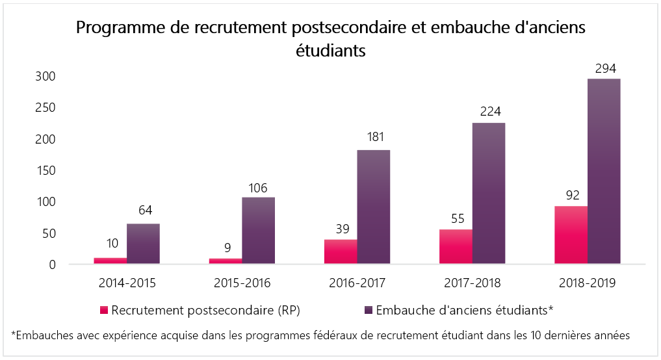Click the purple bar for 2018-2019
(604, 172)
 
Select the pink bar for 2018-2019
(571, 235)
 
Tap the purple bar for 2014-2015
(143, 244)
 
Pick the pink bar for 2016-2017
(340, 252)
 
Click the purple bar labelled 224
(488, 194)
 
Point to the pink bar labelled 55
(456, 247)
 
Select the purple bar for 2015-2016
(258, 231)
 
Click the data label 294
(604, 68)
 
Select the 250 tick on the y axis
(45, 108)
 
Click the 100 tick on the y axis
(45, 202)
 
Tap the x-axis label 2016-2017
(356, 283)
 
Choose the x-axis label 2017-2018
(472, 283)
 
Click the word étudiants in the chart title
(330, 51)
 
